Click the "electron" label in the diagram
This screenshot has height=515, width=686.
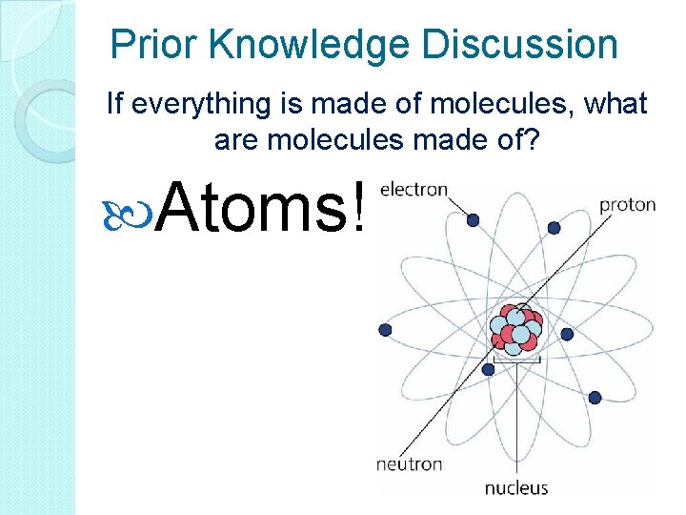414,189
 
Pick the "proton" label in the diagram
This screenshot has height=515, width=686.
627,204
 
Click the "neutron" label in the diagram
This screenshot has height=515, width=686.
409,464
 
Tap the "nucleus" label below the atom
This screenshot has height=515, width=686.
516,488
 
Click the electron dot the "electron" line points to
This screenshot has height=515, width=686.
473,220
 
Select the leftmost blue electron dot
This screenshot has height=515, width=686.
385,330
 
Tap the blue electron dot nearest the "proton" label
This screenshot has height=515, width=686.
555,227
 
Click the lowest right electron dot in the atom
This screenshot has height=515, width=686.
596,398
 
